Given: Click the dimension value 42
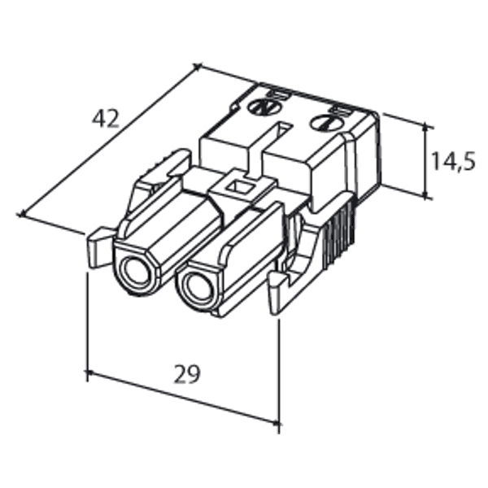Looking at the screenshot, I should [105, 119].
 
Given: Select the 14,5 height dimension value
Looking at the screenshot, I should [452, 161].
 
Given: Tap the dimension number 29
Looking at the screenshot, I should [186, 375].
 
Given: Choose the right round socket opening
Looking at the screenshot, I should [196, 288].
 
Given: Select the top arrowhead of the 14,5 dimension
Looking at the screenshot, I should [425, 125].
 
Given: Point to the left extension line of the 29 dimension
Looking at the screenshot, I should [86, 325].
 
